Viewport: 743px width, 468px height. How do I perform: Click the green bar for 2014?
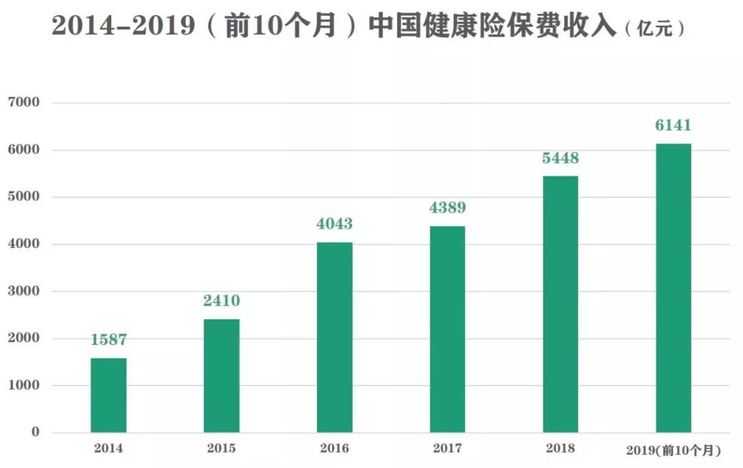point(109,395)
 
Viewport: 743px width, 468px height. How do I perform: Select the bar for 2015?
point(222,376)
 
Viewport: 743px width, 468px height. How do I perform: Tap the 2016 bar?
point(334,337)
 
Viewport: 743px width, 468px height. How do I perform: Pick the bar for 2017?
point(447,329)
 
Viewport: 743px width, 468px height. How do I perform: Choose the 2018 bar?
point(561,304)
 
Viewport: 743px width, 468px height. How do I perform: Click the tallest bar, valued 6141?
point(674,288)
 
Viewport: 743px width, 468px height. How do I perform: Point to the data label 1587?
point(109,339)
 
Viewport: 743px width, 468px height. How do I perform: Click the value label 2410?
point(222,301)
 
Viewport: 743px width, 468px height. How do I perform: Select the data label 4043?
point(334,224)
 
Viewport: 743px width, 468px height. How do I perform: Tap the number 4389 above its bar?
point(447,208)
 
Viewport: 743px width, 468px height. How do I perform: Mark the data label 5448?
point(561,158)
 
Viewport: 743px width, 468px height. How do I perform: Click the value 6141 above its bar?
point(674,125)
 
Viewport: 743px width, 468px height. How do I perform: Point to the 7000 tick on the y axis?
point(23,102)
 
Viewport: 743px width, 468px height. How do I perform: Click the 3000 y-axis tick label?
point(23,290)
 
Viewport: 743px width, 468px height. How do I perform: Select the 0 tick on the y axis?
point(36,432)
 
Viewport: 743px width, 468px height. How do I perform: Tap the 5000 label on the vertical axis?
point(23,196)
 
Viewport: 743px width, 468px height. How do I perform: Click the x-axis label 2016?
point(334,448)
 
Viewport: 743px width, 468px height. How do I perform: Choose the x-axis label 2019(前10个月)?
point(674,450)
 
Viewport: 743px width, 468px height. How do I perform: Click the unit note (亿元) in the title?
point(655,29)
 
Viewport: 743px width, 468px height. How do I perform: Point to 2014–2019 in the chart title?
point(123,25)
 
